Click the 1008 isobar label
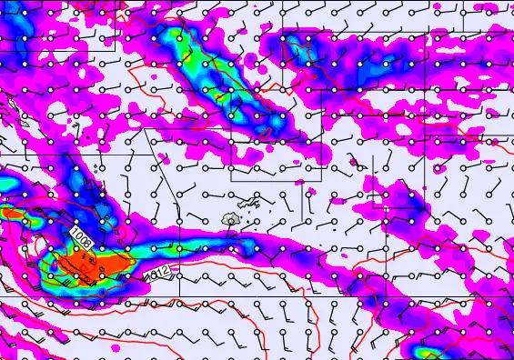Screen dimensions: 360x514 click(79, 238)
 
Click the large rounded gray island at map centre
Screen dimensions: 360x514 click(233, 219)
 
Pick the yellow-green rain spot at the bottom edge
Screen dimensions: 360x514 click(426, 352)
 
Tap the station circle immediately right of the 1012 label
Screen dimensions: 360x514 click(179, 272)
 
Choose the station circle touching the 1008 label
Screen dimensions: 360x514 click(76, 246)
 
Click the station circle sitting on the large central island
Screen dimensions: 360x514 click(231, 221)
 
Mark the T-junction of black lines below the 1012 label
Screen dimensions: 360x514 click(179, 296)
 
